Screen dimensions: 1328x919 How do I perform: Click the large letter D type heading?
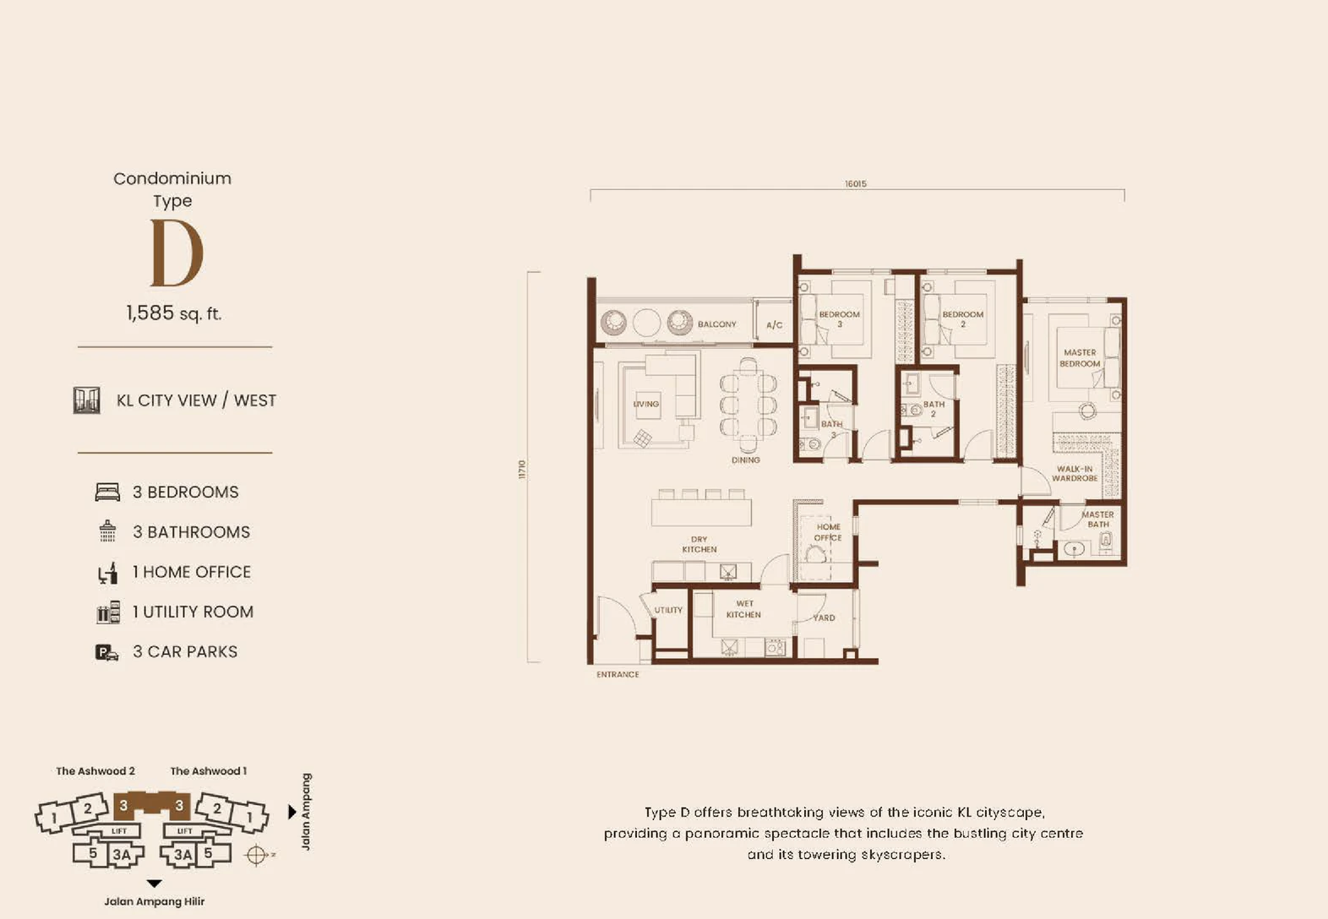click(x=177, y=253)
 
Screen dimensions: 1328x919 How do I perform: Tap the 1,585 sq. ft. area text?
click(x=174, y=313)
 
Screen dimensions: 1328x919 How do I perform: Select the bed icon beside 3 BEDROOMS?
click(x=107, y=492)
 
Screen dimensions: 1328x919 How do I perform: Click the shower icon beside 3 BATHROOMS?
click(x=107, y=531)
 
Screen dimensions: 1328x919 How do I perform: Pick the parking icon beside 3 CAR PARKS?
click(x=107, y=652)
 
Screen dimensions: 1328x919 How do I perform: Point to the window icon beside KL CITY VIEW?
click(x=86, y=400)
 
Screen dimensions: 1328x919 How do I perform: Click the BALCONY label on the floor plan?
click(x=716, y=324)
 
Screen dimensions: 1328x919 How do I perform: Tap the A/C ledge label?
click(x=775, y=325)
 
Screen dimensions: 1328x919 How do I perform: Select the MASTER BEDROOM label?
click(x=1080, y=358)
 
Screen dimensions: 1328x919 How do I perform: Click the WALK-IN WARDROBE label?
click(x=1075, y=473)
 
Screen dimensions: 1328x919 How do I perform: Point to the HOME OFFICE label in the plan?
click(x=828, y=532)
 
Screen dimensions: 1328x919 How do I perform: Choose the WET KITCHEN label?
click(x=744, y=609)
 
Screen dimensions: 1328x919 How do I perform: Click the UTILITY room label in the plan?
click(x=668, y=610)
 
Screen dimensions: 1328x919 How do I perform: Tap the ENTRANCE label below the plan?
click(x=618, y=675)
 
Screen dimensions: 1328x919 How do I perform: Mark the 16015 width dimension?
click(x=856, y=184)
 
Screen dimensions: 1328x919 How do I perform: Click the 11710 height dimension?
click(x=522, y=470)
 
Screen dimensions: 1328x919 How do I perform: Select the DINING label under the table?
click(x=746, y=460)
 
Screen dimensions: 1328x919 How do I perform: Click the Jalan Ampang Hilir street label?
click(x=154, y=902)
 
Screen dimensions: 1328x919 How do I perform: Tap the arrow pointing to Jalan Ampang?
click(x=292, y=812)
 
